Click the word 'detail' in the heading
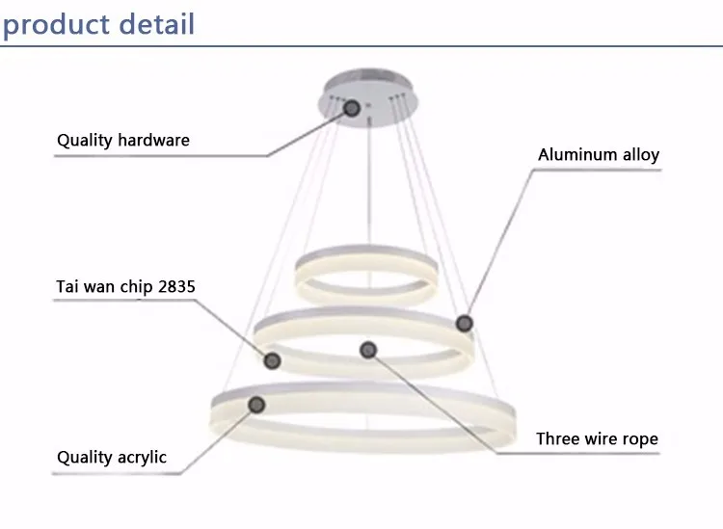pyautogui.click(x=157, y=24)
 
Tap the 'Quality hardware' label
pyautogui.click(x=123, y=141)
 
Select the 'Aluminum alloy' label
pyautogui.click(x=599, y=155)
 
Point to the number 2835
pyautogui.click(x=176, y=286)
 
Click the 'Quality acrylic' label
pyautogui.click(x=112, y=458)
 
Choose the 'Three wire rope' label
pyautogui.click(x=597, y=439)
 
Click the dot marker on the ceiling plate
pyautogui.click(x=352, y=108)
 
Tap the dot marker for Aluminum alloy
pyautogui.click(x=465, y=323)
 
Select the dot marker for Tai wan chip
pyautogui.click(x=272, y=360)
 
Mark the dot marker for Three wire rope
pyautogui.click(x=368, y=350)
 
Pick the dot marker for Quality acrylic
pyautogui.click(x=256, y=405)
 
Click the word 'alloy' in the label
pyautogui.click(x=641, y=155)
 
